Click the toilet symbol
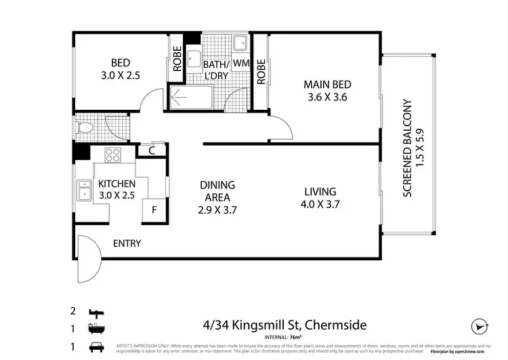coord(85,127)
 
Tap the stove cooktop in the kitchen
coord(112,155)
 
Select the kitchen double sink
coord(86,191)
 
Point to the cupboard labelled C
coord(152,151)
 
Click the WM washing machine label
coord(242,64)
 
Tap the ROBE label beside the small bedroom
coord(177,60)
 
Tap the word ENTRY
coord(127,243)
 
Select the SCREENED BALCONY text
coord(408,148)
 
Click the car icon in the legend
coord(96,347)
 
